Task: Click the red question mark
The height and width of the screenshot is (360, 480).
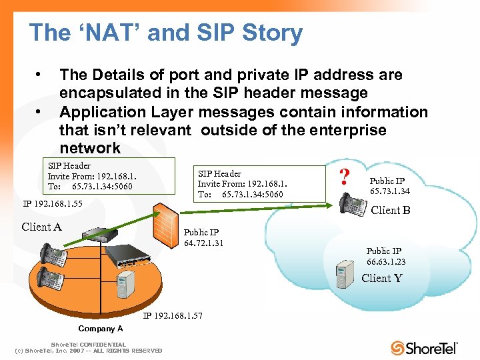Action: [345, 177]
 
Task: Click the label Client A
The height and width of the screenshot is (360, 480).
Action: [41, 227]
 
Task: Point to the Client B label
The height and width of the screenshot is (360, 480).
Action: [390, 210]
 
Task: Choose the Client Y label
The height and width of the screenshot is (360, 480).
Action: [381, 278]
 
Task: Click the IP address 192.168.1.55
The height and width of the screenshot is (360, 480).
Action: [53, 203]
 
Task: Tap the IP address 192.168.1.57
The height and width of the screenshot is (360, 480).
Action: [173, 315]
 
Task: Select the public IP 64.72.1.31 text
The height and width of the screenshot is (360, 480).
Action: [203, 237]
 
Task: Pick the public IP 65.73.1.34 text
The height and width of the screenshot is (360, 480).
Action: [390, 186]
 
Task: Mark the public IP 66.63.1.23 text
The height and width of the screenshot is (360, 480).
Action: [385, 256]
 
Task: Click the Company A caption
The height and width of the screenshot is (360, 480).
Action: [101, 329]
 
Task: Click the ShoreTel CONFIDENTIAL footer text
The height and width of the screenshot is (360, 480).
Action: [89, 345]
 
